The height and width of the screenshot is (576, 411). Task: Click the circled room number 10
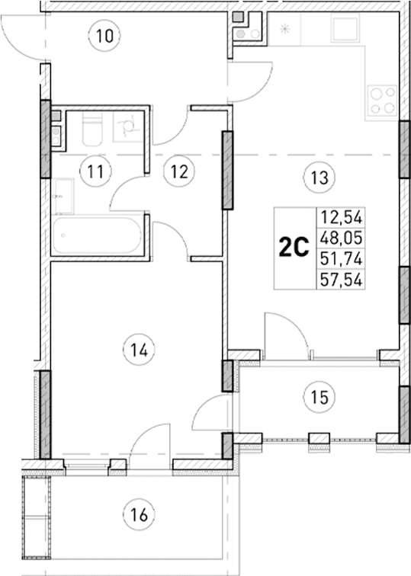click(x=107, y=35)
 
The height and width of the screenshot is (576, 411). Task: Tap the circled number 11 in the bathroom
click(x=95, y=171)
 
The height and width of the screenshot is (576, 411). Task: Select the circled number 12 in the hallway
click(x=178, y=171)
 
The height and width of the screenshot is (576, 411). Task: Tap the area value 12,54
click(x=342, y=216)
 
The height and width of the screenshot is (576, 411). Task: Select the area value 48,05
click(x=342, y=236)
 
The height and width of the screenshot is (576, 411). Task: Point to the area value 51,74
click(x=342, y=257)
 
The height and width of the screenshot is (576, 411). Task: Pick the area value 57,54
click(x=342, y=277)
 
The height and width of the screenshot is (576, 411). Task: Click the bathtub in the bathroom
click(x=97, y=236)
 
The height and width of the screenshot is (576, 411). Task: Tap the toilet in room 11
click(x=92, y=130)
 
